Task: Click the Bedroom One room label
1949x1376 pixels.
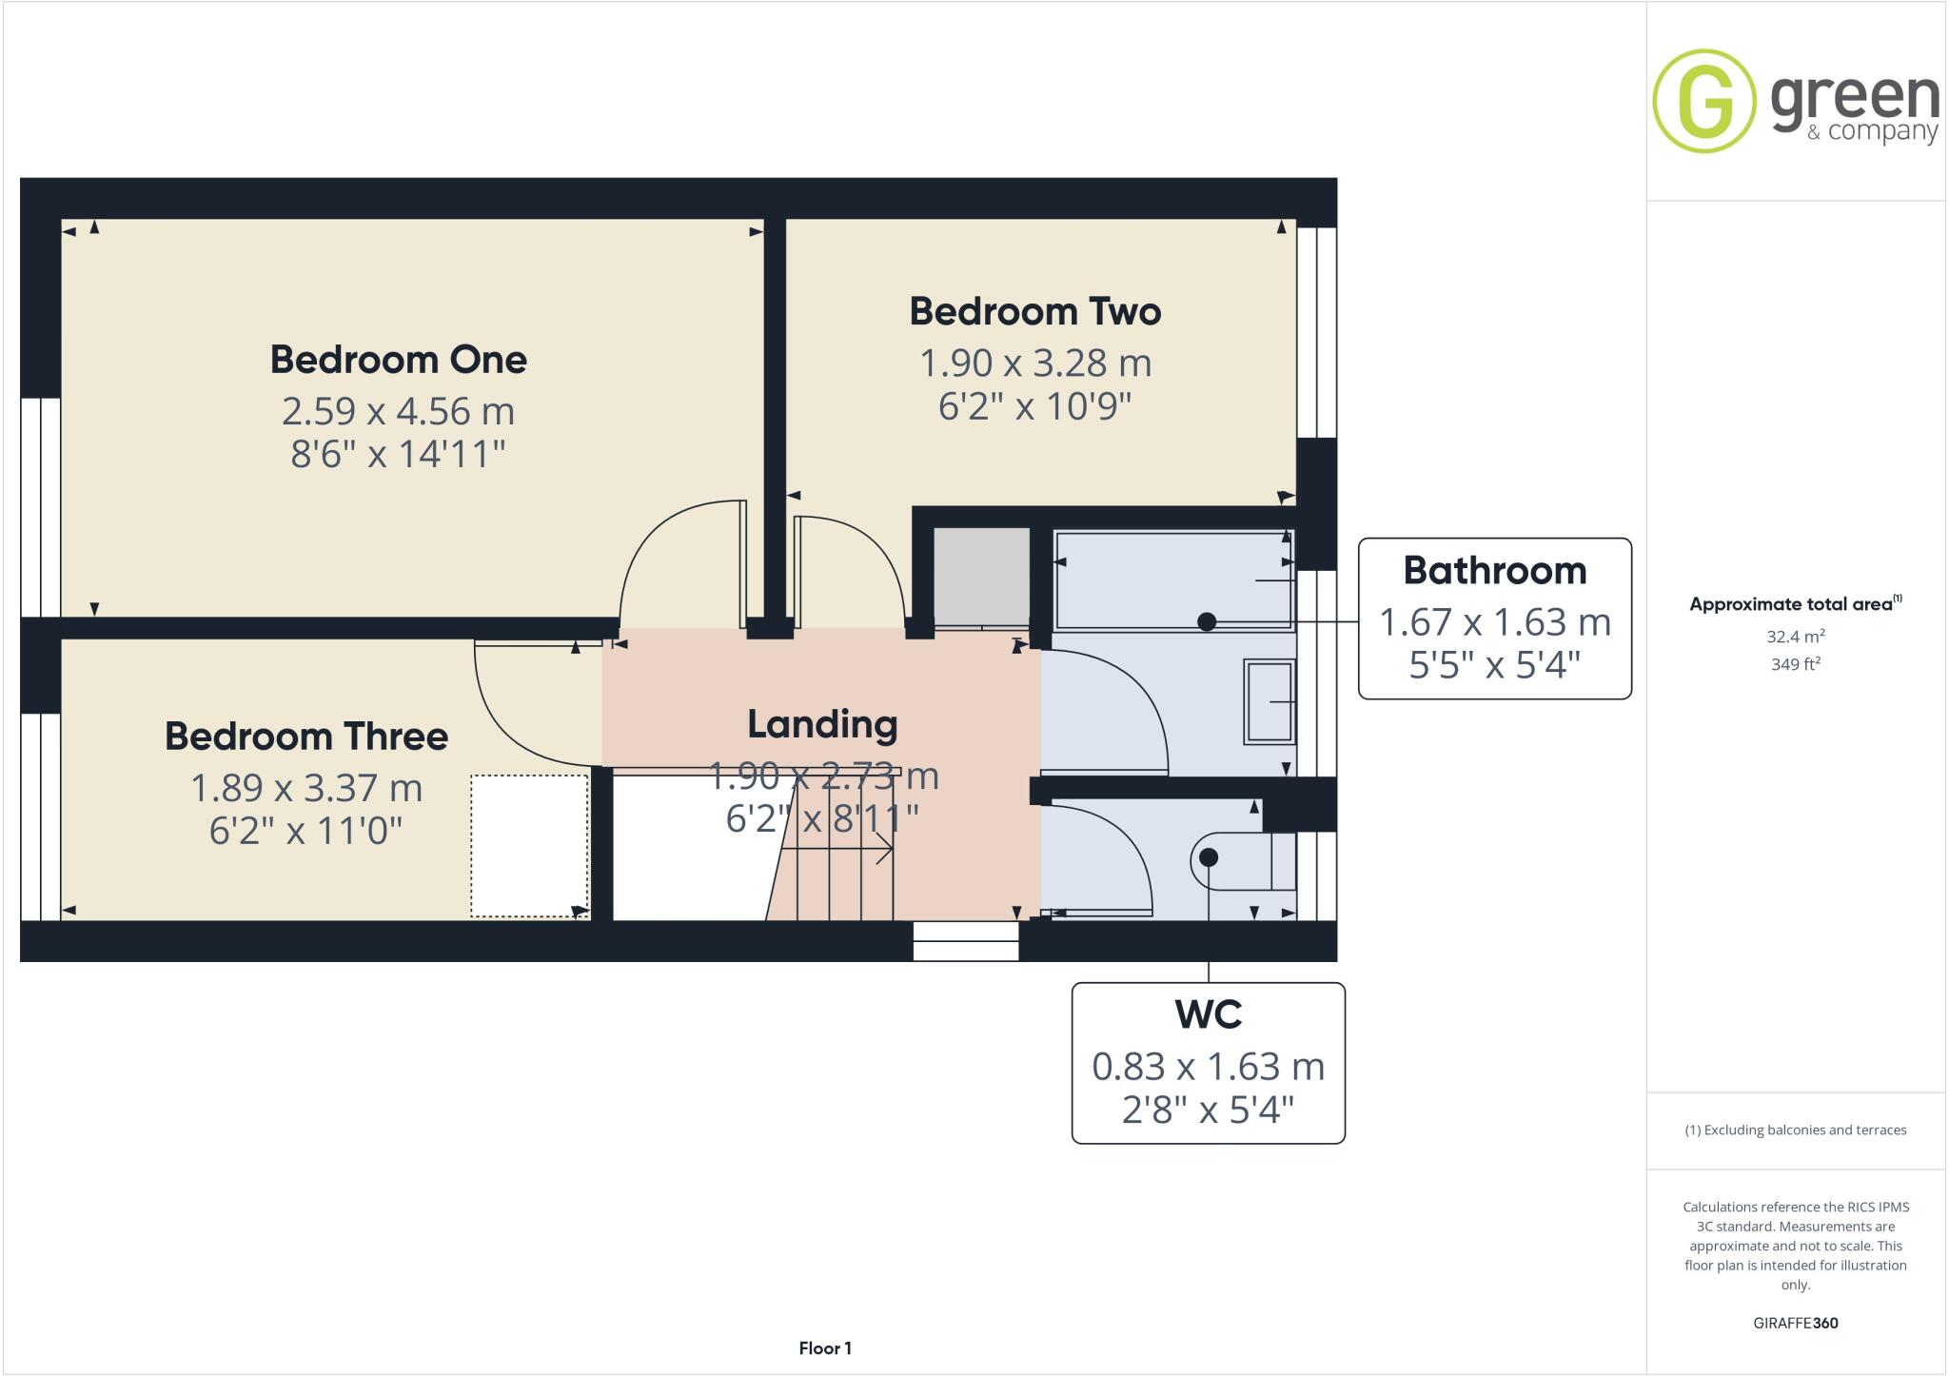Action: coord(398,360)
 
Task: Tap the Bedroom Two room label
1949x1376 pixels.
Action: coord(1034,312)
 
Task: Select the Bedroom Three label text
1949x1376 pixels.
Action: coord(305,737)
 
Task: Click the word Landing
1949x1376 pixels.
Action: coord(822,725)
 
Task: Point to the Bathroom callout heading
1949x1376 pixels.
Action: coord(1494,571)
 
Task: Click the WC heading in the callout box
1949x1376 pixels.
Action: coord(1208,1014)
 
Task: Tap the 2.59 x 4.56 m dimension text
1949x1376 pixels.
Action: coord(398,411)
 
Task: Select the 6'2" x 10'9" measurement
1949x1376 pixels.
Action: coord(1034,406)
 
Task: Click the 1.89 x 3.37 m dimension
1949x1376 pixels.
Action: coord(305,788)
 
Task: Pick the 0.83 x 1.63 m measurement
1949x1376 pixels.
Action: coord(1208,1067)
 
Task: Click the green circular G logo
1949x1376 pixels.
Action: coord(1703,101)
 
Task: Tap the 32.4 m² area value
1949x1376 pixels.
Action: coord(1795,637)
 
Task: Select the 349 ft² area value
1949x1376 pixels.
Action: coord(1795,664)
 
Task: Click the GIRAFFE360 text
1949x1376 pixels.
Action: coord(1795,1323)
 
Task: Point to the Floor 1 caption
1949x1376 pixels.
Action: coord(825,1348)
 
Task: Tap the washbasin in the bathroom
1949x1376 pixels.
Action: coord(1270,702)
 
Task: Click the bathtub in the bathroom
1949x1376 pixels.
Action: coord(1172,580)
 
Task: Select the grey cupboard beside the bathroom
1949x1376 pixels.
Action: coord(981,577)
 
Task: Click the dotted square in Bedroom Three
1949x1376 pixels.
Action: coord(529,846)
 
